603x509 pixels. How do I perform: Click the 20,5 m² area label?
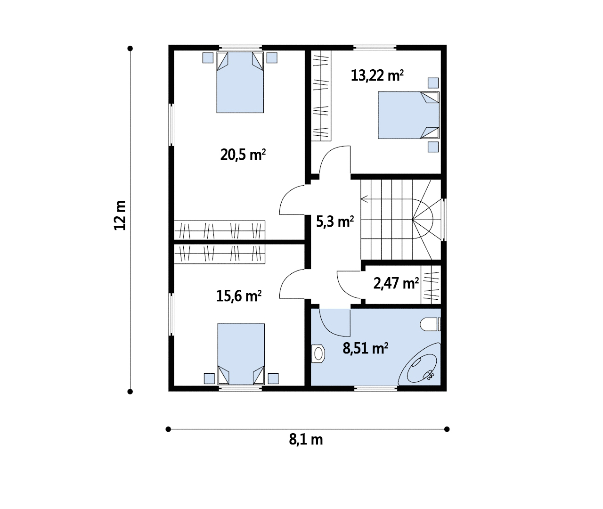click(x=243, y=155)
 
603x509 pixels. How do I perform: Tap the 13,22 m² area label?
click(x=377, y=76)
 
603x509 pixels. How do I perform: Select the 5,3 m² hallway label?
click(x=335, y=222)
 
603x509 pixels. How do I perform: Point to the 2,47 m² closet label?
click(x=396, y=283)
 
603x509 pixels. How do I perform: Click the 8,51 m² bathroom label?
click(x=365, y=348)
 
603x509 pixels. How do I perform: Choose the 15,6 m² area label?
click(x=239, y=296)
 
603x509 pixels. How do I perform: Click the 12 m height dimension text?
click(x=120, y=215)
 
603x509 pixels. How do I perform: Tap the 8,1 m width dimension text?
click(x=306, y=440)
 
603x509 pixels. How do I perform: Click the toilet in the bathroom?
click(x=430, y=324)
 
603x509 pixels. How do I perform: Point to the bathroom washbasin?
click(x=318, y=353)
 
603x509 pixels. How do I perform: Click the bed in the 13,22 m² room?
click(x=408, y=115)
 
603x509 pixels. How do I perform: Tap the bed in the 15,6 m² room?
click(x=241, y=354)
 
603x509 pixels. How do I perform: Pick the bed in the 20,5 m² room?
click(x=240, y=82)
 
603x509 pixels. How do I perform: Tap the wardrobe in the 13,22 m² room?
click(x=321, y=96)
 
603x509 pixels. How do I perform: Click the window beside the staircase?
click(x=444, y=220)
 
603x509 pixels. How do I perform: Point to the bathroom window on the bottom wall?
click(x=376, y=388)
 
